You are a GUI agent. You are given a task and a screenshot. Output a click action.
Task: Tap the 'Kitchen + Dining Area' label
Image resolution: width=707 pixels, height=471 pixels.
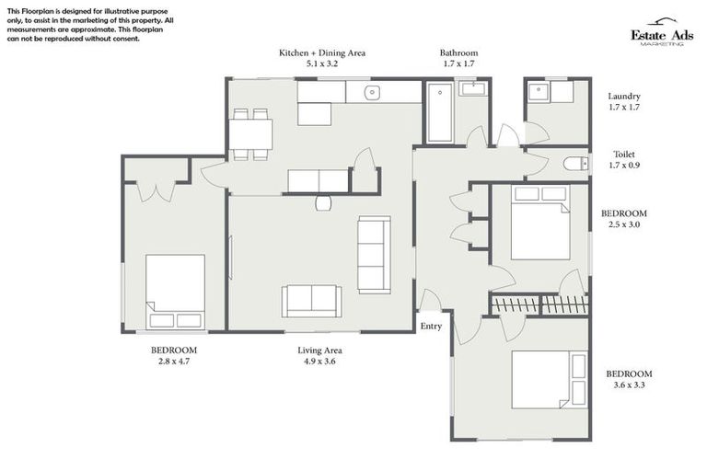tap(322, 53)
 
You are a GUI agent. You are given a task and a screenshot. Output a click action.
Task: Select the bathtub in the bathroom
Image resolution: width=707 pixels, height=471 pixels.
tap(440, 112)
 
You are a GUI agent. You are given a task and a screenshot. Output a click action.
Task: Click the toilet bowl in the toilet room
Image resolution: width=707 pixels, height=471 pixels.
tap(574, 164)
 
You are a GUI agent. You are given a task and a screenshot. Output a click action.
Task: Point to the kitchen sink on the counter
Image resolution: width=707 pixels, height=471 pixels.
tap(372, 92)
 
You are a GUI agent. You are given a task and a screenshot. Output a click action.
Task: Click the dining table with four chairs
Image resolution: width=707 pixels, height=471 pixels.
tap(249, 134)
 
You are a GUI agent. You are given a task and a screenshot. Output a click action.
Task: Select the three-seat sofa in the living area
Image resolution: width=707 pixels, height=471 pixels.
tap(373, 242)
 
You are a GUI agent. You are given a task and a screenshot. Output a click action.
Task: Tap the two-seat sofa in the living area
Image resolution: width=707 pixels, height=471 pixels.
tap(311, 299)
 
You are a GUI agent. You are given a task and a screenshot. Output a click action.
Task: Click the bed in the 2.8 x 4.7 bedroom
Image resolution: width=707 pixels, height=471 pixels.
tap(175, 291)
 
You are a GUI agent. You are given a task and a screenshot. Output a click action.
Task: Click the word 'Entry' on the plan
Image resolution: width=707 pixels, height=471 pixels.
tap(431, 327)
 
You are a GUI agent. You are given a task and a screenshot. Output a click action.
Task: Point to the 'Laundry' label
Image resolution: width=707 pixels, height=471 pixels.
tap(624, 96)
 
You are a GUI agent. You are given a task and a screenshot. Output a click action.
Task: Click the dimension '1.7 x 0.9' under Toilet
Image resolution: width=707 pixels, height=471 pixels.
tap(624, 167)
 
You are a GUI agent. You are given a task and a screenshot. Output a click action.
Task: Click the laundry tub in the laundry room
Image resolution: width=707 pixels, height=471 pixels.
tap(538, 92)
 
